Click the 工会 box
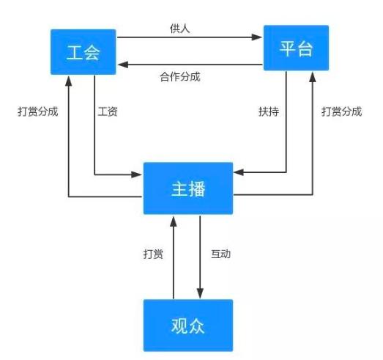pos(82,52)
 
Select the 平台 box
pos(295,49)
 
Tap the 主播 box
pos(187,188)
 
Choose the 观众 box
pos(187,324)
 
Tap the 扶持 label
pos(268,112)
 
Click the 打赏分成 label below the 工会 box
pos(38,112)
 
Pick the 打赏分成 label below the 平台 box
pos(341,112)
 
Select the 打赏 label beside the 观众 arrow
pos(153,254)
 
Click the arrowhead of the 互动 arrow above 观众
pos(201,293)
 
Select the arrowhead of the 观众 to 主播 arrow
pos(174,220)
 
